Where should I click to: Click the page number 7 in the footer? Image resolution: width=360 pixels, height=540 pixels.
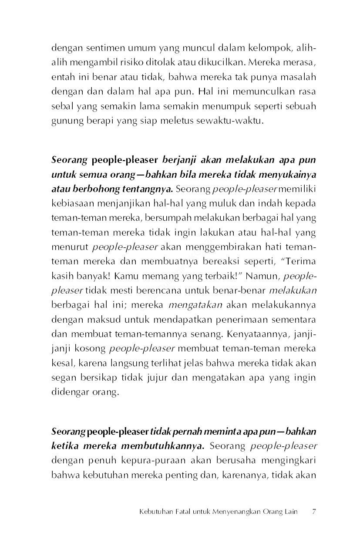pos(314,512)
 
